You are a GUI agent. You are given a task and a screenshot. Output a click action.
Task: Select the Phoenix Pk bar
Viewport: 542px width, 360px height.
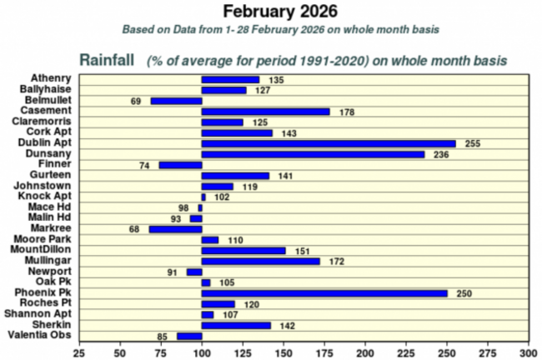click(324, 293)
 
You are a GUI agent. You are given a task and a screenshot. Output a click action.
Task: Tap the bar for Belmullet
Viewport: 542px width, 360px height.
click(176, 101)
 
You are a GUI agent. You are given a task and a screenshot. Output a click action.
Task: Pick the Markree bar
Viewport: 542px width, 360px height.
click(175, 229)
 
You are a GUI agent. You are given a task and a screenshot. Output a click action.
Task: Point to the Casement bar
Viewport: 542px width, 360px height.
click(266, 112)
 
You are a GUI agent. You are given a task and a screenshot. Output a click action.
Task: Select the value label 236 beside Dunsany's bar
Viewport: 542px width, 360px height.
click(441, 154)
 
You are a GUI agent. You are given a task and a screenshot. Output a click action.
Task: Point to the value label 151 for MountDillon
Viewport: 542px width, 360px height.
click(299, 251)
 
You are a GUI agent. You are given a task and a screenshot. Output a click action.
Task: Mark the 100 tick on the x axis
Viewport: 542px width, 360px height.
click(202, 352)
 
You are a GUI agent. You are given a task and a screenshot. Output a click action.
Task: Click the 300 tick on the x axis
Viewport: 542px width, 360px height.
click(527, 352)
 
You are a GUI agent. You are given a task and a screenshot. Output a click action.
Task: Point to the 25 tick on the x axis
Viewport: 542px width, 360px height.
click(79, 352)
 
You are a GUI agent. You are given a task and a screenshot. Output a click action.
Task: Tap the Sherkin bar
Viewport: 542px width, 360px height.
click(237, 325)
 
